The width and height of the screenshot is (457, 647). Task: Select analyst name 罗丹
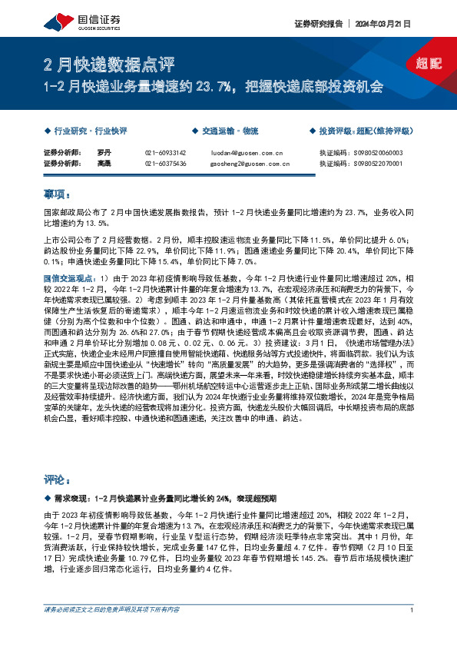coord(105,153)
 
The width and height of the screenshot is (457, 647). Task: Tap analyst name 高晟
coord(105,164)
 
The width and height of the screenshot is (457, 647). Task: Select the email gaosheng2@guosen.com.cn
coord(249,164)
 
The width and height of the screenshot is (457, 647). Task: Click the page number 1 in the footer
coord(412,610)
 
